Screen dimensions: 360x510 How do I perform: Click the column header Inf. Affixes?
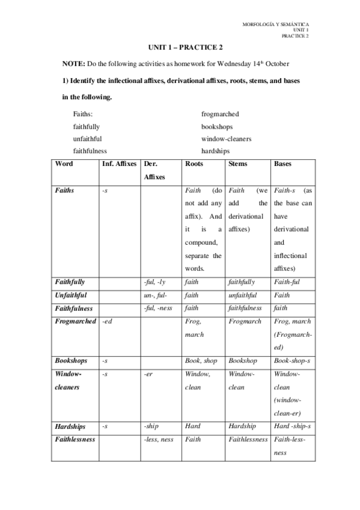pos(119,164)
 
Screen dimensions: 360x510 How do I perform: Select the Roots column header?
pos(194,164)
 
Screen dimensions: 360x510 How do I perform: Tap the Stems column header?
pos(238,164)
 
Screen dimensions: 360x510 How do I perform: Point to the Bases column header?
pos(283,164)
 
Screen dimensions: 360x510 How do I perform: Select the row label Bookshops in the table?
pos(71,361)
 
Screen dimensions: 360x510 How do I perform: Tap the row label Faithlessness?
pos(75,439)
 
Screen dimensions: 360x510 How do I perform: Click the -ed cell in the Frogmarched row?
pos(108,322)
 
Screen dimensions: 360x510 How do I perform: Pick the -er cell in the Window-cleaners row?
pos(150,374)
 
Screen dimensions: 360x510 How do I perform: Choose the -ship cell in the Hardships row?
pos(151,426)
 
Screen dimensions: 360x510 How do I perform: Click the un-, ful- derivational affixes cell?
pos(156,295)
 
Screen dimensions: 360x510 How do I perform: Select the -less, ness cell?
pos(159,439)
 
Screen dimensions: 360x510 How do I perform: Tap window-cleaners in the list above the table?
pos(226,139)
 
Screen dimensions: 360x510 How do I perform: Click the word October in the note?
pos(278,63)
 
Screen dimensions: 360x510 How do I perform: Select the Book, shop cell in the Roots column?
pos(201,361)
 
